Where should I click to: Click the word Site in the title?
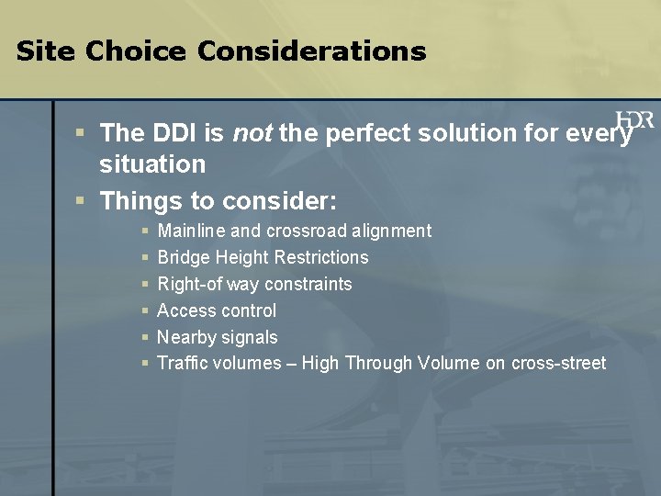tap(46, 51)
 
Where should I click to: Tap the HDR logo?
tap(636, 122)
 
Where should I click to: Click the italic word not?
tap(252, 134)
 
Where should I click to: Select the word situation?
tap(152, 165)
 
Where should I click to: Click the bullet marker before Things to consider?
tap(81, 200)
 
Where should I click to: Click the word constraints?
tap(308, 284)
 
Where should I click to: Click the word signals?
tap(251, 337)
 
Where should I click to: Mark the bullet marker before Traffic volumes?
tap(145, 364)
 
